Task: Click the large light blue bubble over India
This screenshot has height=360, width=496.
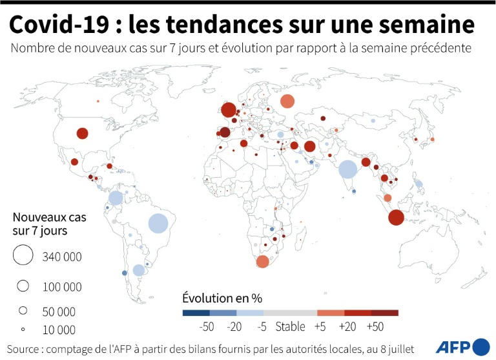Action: click(347, 169)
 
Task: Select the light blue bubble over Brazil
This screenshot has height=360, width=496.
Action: click(158, 223)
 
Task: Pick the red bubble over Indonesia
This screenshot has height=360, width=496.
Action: click(396, 218)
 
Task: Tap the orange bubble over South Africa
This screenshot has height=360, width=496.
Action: click(262, 262)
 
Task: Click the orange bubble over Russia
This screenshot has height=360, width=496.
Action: click(287, 101)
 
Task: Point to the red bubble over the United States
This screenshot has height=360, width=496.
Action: click(82, 134)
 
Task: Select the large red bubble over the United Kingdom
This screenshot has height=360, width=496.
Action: click(228, 111)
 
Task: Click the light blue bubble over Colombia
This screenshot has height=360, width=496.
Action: click(116, 198)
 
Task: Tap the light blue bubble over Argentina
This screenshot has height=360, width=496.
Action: click(138, 270)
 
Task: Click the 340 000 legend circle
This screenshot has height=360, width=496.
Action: click(23, 256)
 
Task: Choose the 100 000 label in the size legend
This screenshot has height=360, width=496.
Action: click(62, 286)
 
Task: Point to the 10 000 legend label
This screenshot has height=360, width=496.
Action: click(59, 330)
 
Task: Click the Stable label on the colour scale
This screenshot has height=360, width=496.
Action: click(290, 327)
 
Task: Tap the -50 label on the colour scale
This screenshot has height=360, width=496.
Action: click(207, 327)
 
